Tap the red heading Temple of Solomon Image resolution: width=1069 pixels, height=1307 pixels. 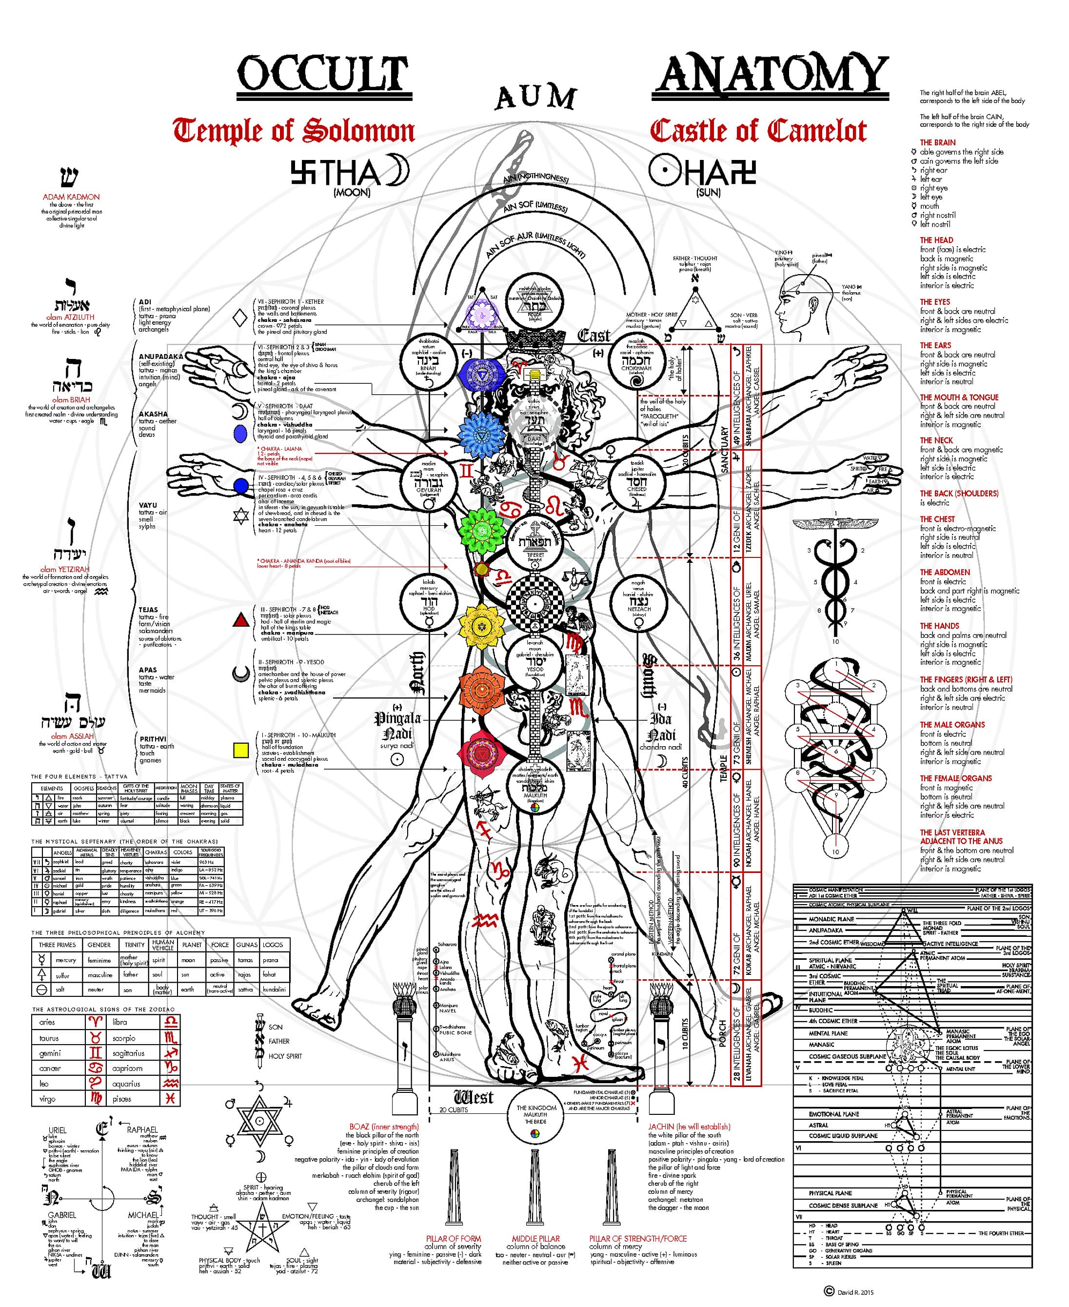coord(294,131)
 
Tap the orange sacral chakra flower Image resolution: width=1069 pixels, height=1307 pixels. coord(481,690)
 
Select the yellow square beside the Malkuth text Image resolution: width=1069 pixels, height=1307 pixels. coord(241,750)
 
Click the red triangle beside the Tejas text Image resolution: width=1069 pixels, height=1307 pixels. coord(241,620)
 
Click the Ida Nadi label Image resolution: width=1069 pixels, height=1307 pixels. coord(661,727)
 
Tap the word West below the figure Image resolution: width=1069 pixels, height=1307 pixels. coord(474,1097)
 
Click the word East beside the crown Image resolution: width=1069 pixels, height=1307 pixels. coord(594,336)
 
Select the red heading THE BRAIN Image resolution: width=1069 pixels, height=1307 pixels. coord(937,142)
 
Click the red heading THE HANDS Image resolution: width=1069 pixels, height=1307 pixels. coord(939,626)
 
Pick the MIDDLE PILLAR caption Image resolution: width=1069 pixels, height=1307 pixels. coord(536,1239)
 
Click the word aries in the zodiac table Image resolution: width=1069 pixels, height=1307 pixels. coord(47,1023)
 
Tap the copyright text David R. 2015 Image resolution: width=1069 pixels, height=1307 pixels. coord(853,1292)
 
